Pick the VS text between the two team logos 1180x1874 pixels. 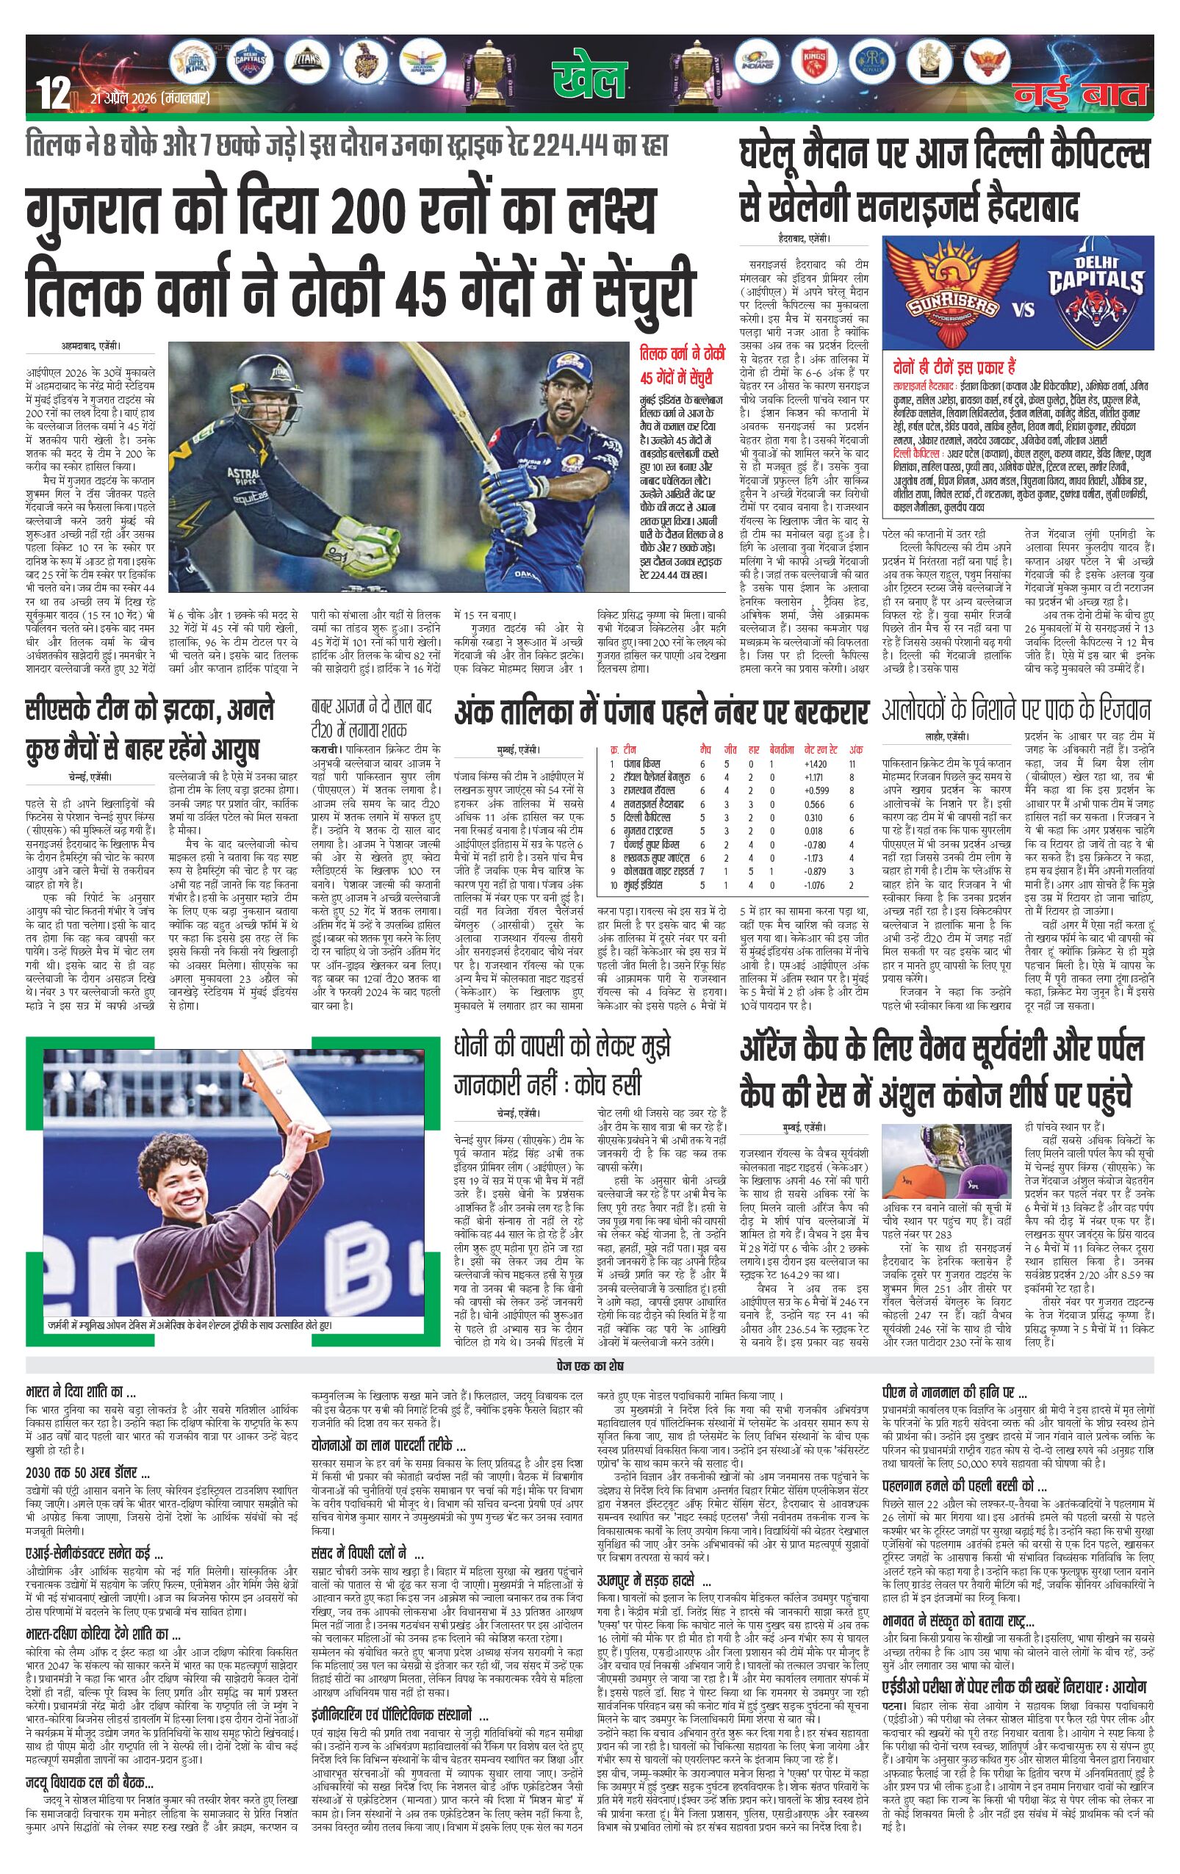(x=1023, y=309)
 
